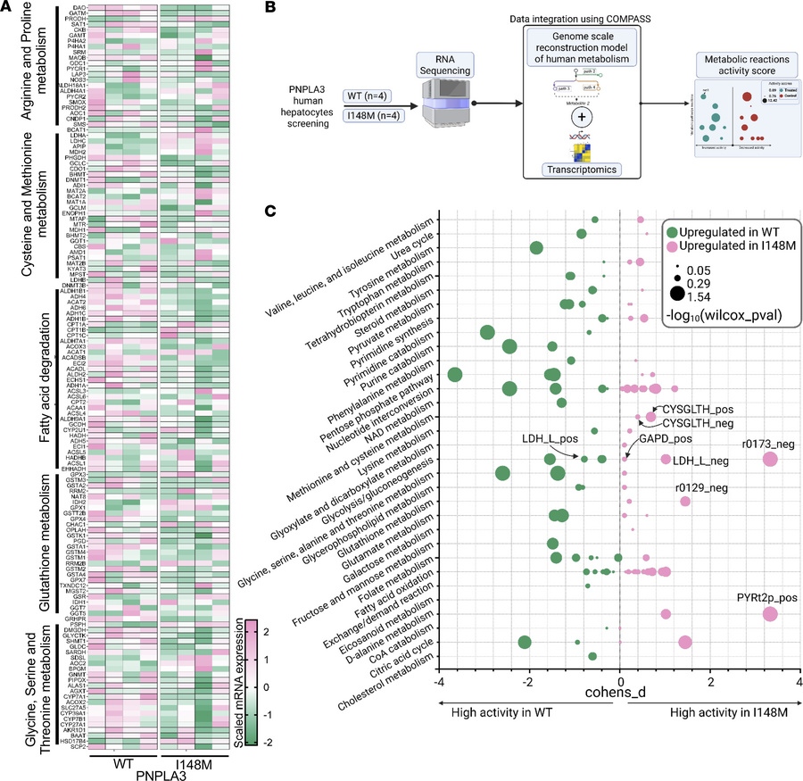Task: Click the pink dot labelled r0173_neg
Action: (x=770, y=460)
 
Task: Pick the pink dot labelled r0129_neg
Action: (x=685, y=501)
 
